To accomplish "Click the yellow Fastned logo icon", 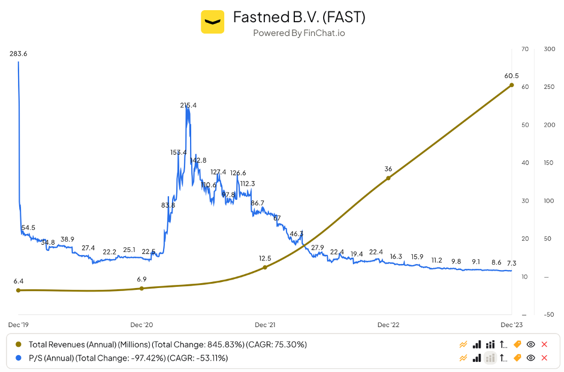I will tap(212, 22).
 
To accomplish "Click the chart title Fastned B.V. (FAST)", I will tap(299, 17).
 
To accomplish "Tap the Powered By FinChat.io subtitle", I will tap(298, 33).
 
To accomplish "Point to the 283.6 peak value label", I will tap(19, 54).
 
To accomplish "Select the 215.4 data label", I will tap(188, 106).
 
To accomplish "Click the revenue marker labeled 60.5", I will tap(511, 85).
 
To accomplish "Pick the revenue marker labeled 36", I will tap(388, 178).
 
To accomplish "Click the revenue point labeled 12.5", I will tap(265, 267).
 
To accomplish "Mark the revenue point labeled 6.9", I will tap(141, 289).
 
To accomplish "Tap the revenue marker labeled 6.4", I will tap(18, 290).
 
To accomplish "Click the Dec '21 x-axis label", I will tap(265, 325).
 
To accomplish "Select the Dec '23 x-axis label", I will tap(511, 325).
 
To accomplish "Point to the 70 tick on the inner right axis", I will tap(525, 49).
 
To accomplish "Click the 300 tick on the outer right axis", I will tap(548, 49).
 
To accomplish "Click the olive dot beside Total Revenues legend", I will tap(18, 344).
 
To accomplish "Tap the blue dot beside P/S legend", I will tap(18, 358).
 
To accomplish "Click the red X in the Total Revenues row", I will tap(544, 344).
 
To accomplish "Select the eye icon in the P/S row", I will tap(530, 358).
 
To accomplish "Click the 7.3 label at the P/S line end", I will tap(511, 263).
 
